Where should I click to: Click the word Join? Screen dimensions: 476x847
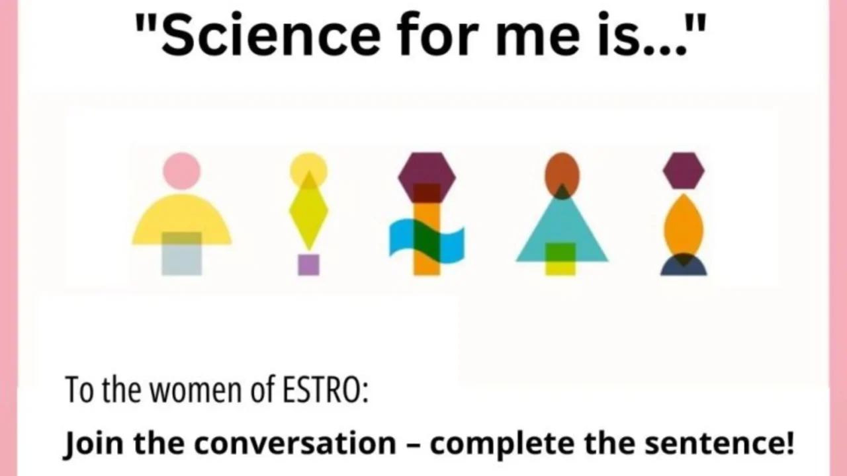[x=90, y=442]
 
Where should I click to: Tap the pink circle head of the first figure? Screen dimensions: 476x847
[x=181, y=171]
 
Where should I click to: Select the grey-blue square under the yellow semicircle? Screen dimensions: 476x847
[x=182, y=261]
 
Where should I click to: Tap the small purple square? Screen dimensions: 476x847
[x=308, y=264]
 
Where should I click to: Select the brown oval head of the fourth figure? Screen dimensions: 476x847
[x=562, y=173]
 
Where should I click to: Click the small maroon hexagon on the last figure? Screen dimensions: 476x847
[x=684, y=171]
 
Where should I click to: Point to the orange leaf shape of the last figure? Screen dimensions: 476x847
[x=684, y=225]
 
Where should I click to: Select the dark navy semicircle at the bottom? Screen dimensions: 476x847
[x=684, y=267]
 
